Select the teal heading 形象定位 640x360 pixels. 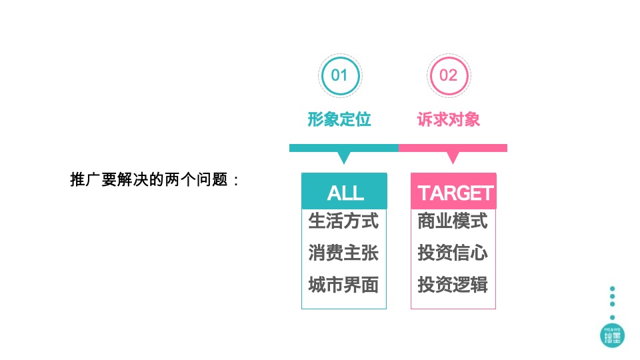point(339,119)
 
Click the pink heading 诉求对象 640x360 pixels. point(448,119)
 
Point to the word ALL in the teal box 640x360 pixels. point(345,193)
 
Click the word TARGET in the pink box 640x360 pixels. point(455,193)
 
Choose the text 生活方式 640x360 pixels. point(344,221)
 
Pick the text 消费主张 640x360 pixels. point(344,253)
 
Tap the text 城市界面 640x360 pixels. point(344,285)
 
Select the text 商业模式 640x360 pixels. point(453,221)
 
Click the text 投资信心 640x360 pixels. point(453,253)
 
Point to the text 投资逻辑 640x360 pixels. point(453,285)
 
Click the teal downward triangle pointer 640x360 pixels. point(344,157)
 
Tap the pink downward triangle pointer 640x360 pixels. point(453,157)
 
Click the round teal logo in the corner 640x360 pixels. point(612,336)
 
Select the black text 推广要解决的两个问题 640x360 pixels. point(149,179)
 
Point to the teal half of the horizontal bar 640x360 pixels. point(344,148)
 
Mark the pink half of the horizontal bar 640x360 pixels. point(453,148)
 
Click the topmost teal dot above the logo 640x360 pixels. point(612,289)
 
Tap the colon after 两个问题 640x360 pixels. point(236,181)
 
